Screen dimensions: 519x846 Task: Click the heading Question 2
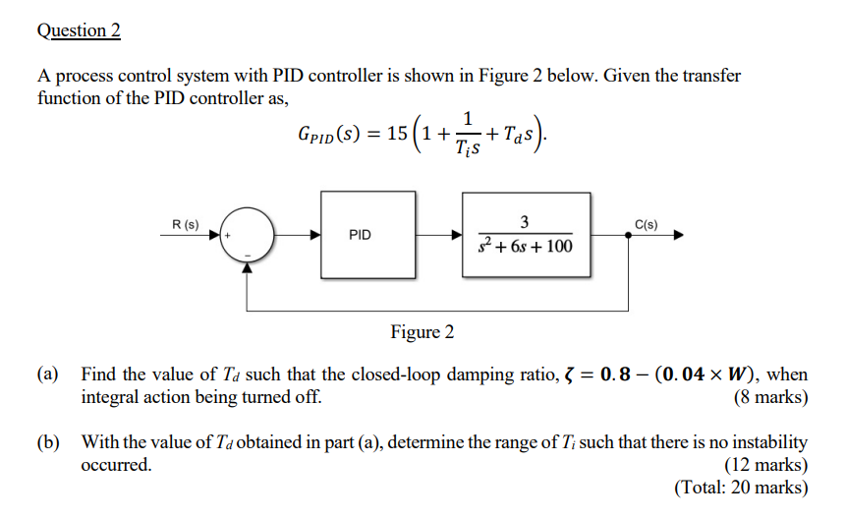tap(79, 30)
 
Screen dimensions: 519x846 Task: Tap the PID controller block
tap(360, 235)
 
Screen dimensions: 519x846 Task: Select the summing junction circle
tap(248, 236)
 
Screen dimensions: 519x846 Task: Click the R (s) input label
tap(185, 224)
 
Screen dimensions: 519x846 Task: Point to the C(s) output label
tap(647, 224)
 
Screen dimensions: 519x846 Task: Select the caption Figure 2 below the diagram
tap(423, 332)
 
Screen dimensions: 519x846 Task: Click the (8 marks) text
tap(770, 398)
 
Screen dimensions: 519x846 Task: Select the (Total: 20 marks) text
tap(741, 487)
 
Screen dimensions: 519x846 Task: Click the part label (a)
tap(48, 375)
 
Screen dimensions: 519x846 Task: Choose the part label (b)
tap(48, 442)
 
